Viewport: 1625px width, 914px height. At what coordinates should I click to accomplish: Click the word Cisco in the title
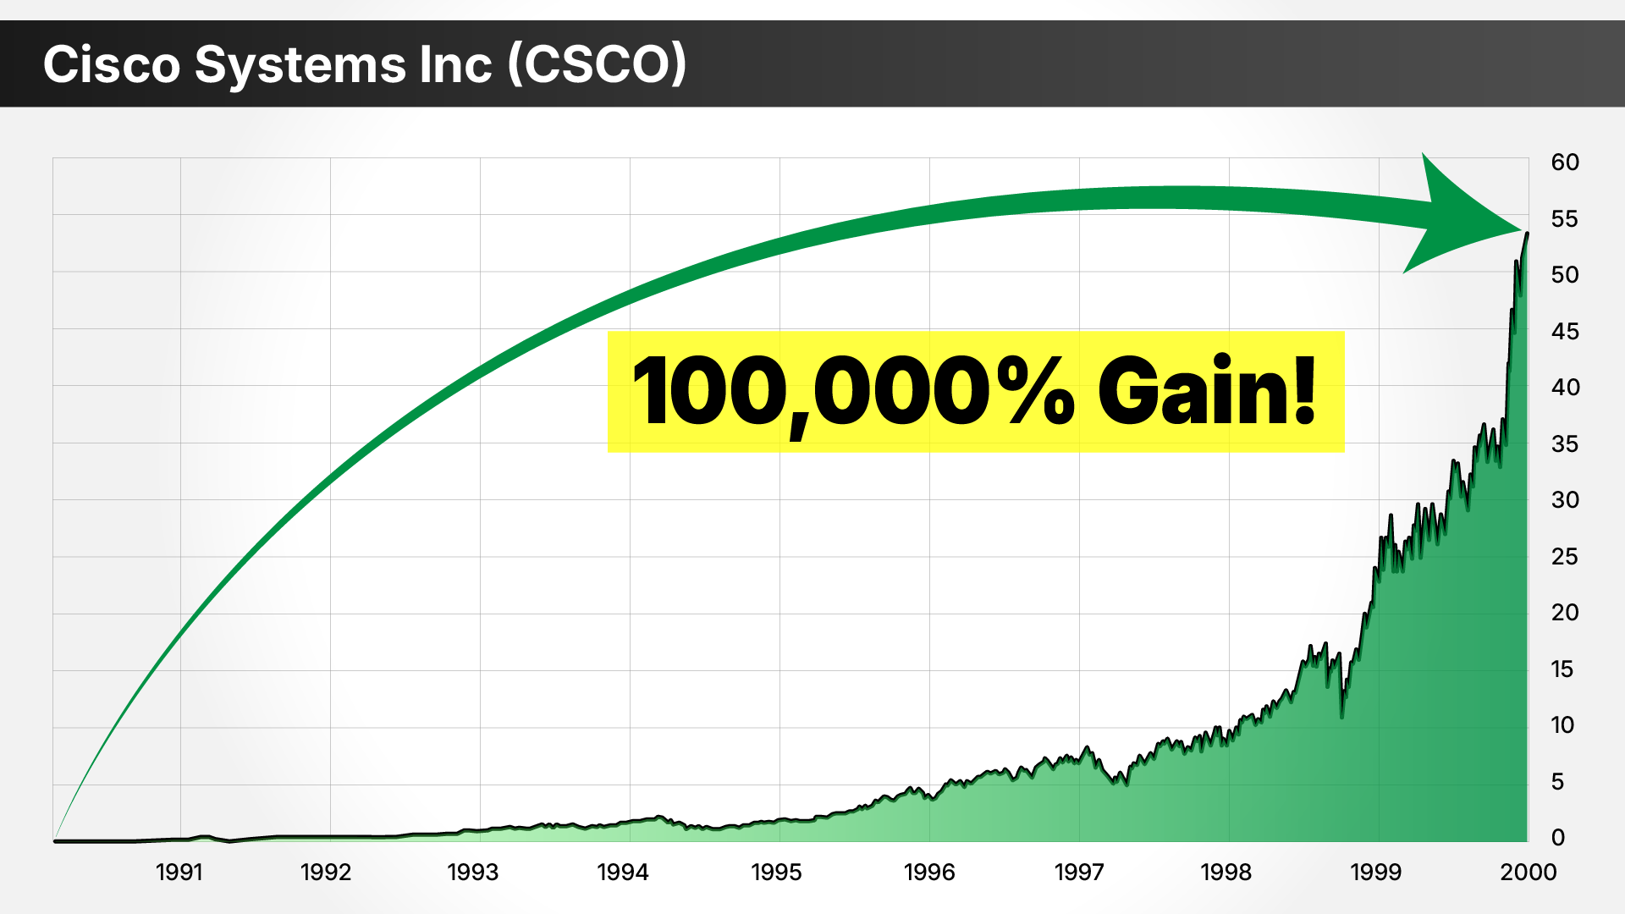coord(112,64)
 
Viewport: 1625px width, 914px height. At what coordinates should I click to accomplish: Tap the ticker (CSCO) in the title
coord(597,64)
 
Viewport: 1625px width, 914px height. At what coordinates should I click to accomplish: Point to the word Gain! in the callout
coord(1207,392)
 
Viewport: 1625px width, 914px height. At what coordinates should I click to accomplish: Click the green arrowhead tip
coord(1520,228)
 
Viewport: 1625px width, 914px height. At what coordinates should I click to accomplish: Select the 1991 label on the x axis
coord(179,872)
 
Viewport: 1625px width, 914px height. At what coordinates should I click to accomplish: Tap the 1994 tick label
coord(622,872)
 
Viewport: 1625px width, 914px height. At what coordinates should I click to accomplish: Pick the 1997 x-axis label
coord(1078,872)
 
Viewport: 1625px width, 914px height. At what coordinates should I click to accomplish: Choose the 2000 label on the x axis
coord(1528,872)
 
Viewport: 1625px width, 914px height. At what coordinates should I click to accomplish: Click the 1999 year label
coord(1375,872)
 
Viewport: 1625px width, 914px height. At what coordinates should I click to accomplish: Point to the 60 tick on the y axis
coord(1565,162)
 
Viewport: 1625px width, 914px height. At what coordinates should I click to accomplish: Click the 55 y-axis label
coord(1565,219)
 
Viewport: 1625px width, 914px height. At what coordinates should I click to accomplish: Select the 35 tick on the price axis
coord(1565,444)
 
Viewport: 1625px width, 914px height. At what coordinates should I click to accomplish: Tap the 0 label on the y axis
coord(1558,838)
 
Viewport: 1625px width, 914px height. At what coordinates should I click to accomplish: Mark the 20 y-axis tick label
coord(1565,613)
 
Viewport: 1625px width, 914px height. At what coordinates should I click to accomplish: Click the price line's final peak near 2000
coord(1527,234)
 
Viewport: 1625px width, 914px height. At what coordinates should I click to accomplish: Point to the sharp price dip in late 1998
coord(1342,716)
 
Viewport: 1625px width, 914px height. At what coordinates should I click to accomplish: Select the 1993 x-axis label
coord(472,872)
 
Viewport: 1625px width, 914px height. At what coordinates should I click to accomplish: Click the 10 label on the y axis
coord(1562,725)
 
